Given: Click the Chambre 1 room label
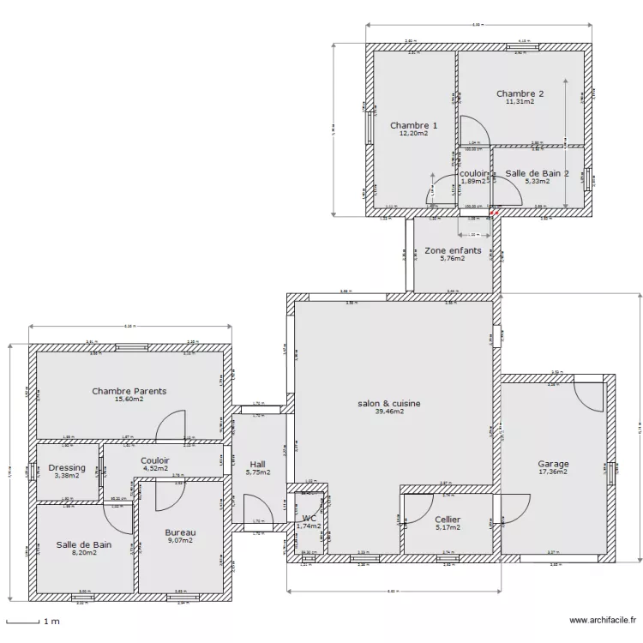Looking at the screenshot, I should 413,126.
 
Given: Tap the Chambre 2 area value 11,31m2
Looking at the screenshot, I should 520,102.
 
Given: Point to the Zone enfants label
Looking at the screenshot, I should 453,250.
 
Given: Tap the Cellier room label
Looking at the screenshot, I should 448,520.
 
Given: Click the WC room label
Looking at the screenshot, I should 309,518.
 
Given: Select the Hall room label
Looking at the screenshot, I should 257,462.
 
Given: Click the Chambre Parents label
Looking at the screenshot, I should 129,391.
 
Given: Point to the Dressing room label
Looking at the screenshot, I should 66,467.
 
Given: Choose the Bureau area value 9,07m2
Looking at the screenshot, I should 180,541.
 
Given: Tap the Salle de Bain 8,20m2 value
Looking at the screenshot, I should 83,553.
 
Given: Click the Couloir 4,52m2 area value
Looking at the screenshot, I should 156,469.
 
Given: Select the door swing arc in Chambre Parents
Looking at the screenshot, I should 172,424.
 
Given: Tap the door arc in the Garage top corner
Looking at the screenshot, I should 590,396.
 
